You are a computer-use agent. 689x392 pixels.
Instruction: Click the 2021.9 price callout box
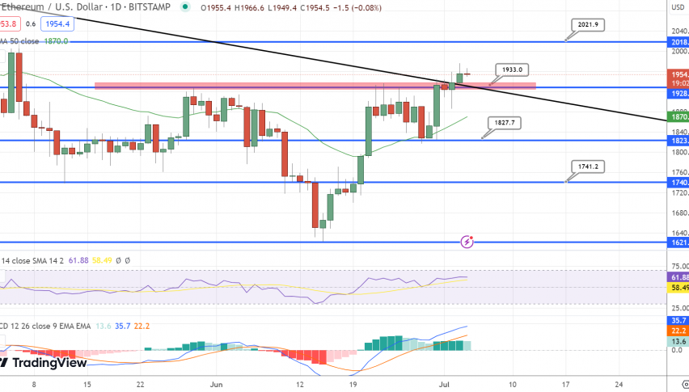(x=588, y=25)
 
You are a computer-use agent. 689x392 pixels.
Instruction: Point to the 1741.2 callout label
(x=587, y=166)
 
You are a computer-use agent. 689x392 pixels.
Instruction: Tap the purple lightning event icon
(x=467, y=241)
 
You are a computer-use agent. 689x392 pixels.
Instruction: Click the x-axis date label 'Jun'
(x=214, y=386)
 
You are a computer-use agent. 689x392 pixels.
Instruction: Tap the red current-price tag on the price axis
(x=678, y=74)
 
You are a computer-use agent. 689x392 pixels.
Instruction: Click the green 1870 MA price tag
(x=678, y=117)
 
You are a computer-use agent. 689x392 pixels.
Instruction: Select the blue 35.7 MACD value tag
(x=678, y=320)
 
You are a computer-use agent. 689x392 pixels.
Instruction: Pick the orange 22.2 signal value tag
(x=678, y=331)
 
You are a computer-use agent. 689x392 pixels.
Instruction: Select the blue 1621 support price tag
(x=678, y=242)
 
